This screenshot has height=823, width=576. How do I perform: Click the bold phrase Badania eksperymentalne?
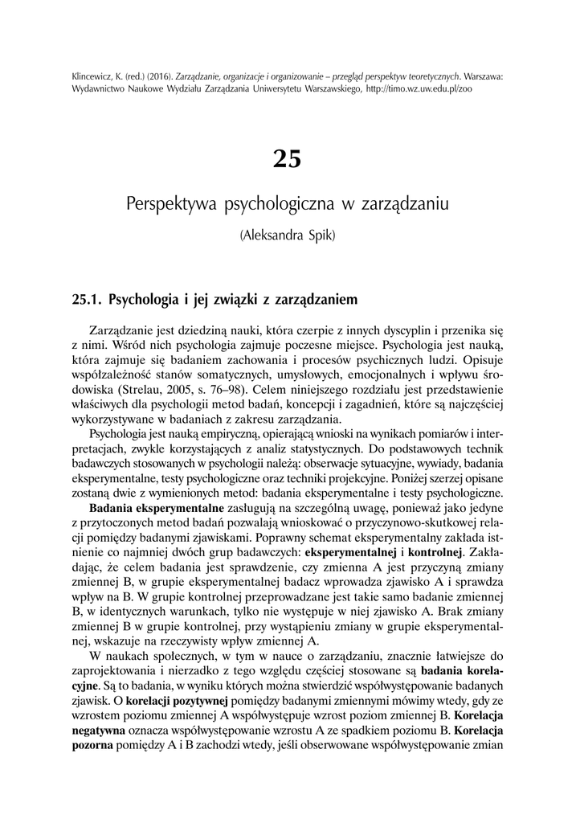(156, 509)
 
